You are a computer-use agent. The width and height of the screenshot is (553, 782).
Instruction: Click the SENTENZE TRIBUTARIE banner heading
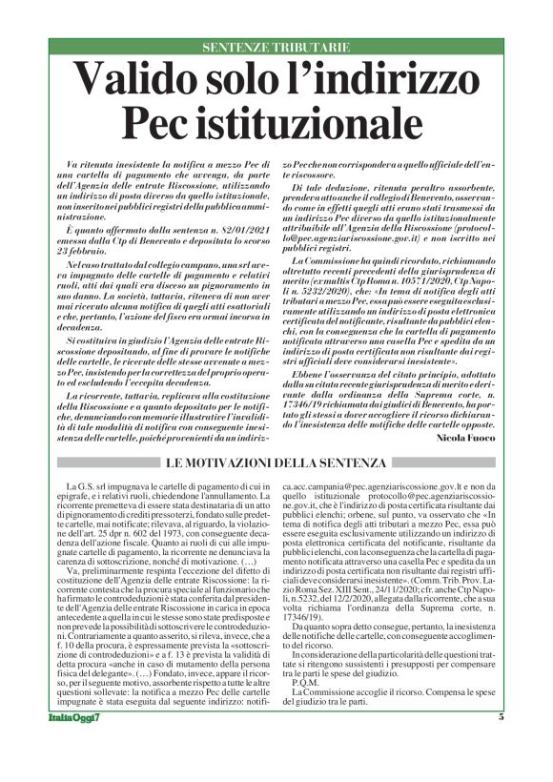tap(276, 47)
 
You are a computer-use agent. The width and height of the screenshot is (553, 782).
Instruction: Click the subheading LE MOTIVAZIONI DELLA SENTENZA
tap(276, 463)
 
